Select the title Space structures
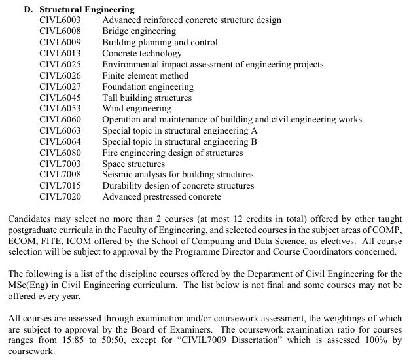133,164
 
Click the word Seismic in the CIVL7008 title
118,175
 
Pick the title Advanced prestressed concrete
162,196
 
